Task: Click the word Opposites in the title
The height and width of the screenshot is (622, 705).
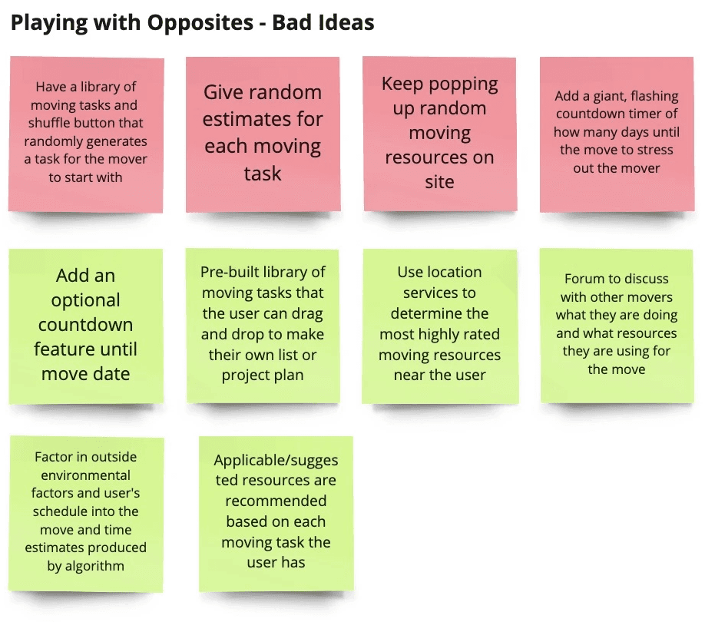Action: pyautogui.click(x=200, y=23)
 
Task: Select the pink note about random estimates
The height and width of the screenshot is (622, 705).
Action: pyautogui.click(x=263, y=134)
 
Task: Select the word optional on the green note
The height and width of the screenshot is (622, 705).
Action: pyautogui.click(x=85, y=301)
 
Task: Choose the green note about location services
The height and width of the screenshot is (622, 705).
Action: pyautogui.click(x=440, y=326)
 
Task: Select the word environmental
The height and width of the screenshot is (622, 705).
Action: pyautogui.click(x=85, y=475)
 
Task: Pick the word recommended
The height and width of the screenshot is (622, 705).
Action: pyautogui.click(x=276, y=501)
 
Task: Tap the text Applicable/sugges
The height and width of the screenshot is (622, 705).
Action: pyautogui.click(x=276, y=461)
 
